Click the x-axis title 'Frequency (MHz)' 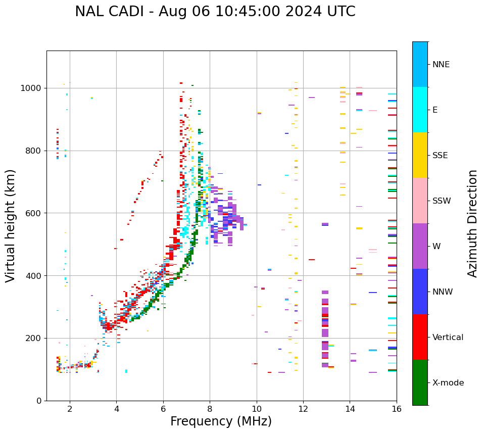click(221, 421)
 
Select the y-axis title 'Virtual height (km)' click(11, 225)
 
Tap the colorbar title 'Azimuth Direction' click(472, 223)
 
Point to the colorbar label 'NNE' click(441, 65)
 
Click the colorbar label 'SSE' click(440, 156)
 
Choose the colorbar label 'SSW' click(442, 201)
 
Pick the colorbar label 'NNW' click(443, 292)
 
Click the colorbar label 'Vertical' click(448, 338)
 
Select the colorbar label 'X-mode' click(448, 383)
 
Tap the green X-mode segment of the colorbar click(420, 382)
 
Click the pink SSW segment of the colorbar click(420, 201)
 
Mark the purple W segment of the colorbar click(420, 246)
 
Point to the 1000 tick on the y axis click(33, 88)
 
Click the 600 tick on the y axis click(35, 213)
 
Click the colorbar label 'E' click(435, 110)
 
